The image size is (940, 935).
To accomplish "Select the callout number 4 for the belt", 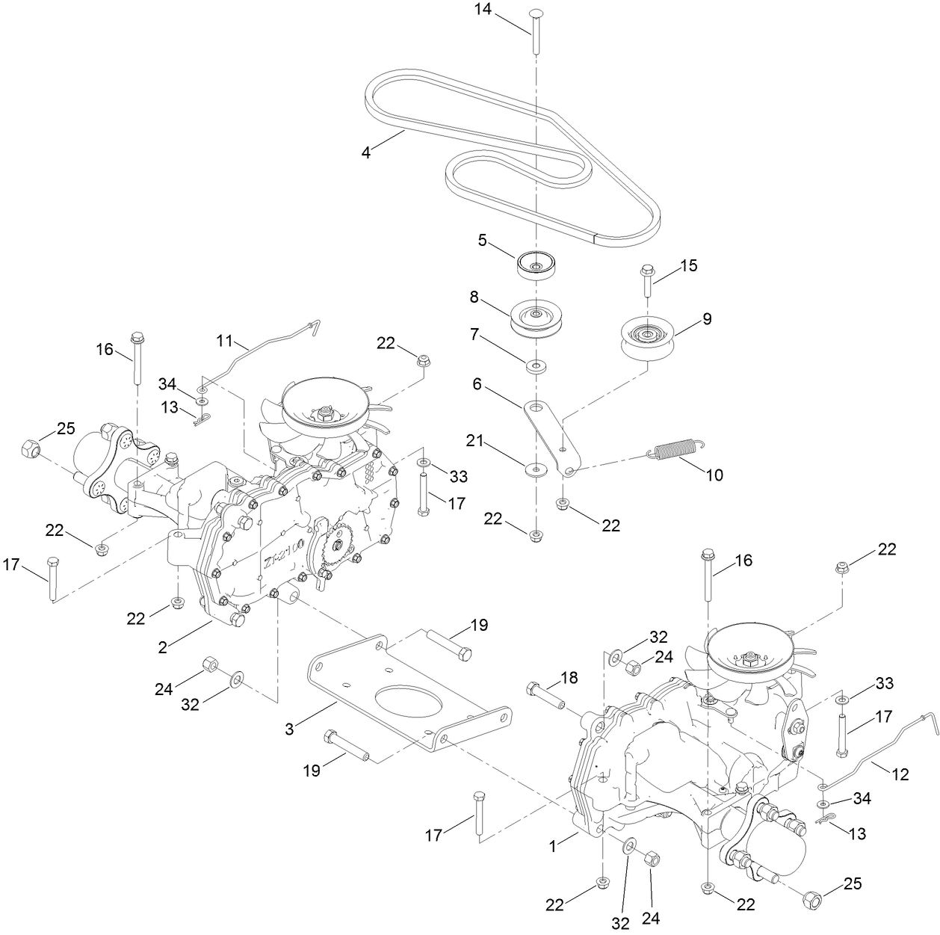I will click(366, 152).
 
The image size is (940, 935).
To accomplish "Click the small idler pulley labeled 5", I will click(536, 265).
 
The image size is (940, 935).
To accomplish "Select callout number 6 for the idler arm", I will click(477, 385).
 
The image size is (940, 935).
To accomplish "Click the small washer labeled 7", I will click(536, 366).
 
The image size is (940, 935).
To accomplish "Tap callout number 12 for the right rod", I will click(900, 775).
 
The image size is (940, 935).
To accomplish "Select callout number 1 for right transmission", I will click(554, 846).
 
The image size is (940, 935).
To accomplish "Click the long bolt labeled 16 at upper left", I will click(137, 359).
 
